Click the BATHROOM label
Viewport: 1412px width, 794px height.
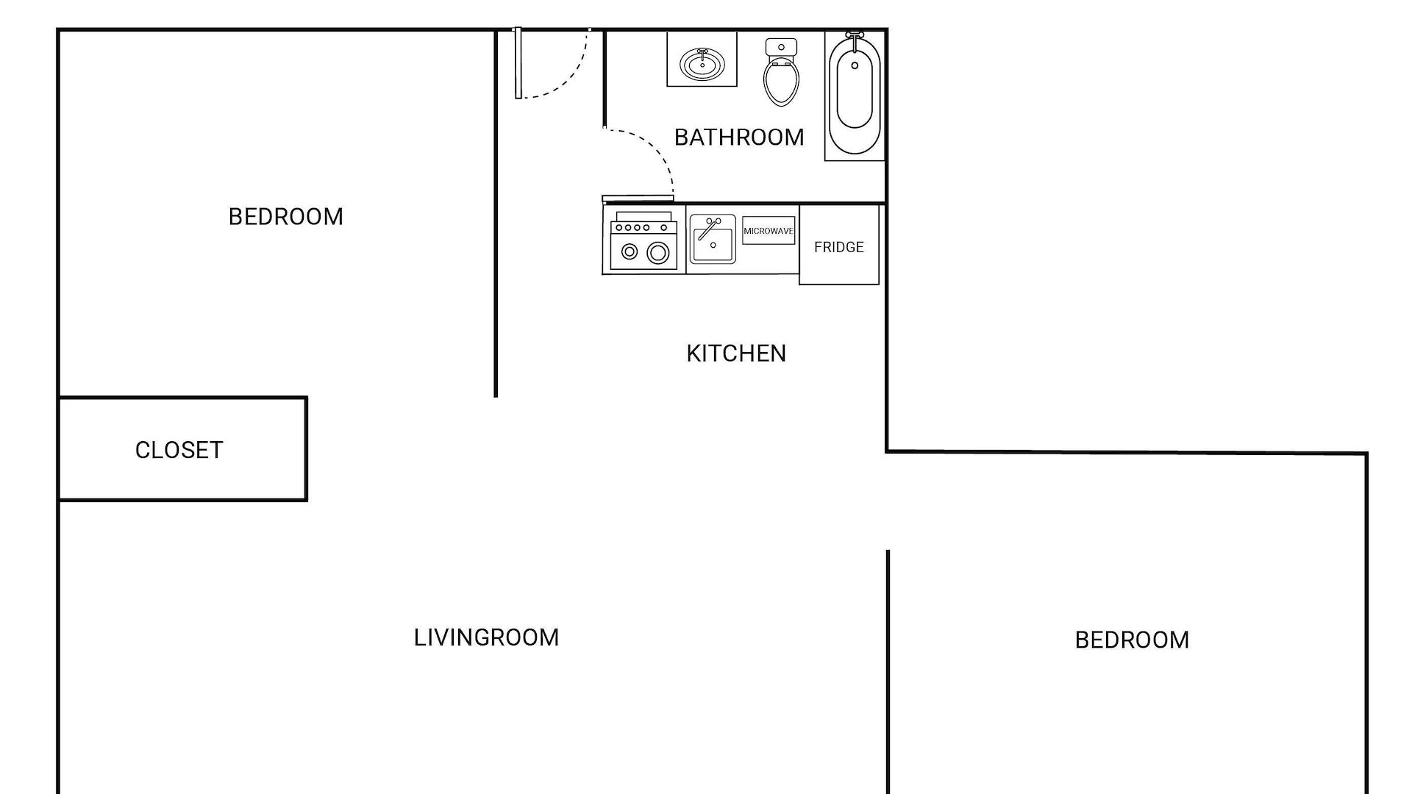pos(738,137)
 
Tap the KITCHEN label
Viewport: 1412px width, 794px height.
pos(735,354)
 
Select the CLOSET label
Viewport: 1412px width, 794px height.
pos(179,450)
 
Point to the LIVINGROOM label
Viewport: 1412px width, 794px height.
pos(486,637)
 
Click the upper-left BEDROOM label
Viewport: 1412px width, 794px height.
pos(285,217)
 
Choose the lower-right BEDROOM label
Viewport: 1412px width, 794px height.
pos(1132,640)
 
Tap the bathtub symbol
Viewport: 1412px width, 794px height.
pos(854,96)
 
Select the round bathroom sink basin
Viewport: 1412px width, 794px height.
pos(702,64)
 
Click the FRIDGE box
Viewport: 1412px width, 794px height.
pos(839,247)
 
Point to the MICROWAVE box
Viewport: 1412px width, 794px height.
pos(769,231)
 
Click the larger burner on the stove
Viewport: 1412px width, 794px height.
pos(658,253)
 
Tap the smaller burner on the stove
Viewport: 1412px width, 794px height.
pos(630,252)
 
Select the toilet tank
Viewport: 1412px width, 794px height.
pos(781,47)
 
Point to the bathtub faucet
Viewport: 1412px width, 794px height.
pos(854,37)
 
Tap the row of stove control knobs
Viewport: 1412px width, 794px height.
pos(643,228)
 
